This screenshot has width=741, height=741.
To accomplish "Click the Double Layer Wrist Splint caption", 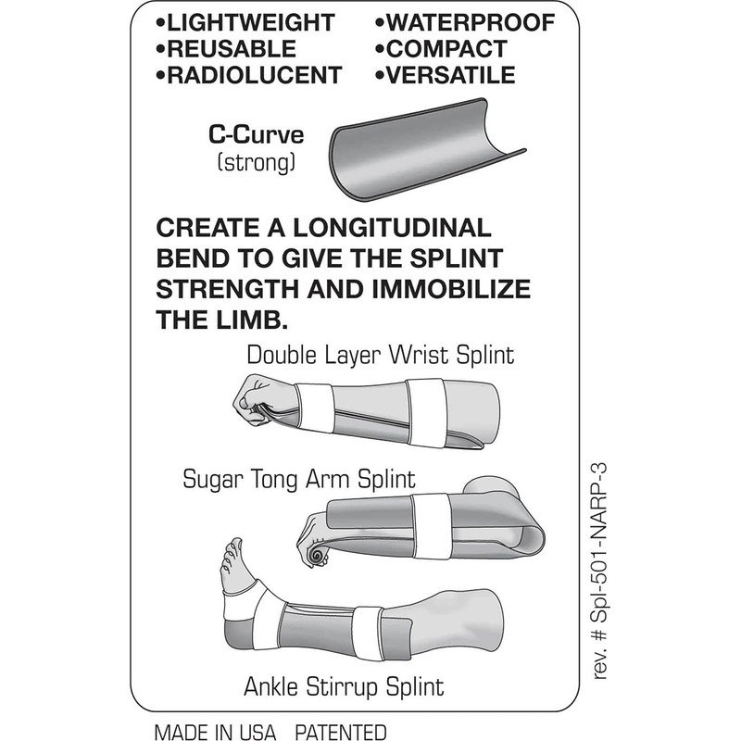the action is tap(380, 355).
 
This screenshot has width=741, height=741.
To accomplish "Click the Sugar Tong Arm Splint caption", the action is tap(297, 480).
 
